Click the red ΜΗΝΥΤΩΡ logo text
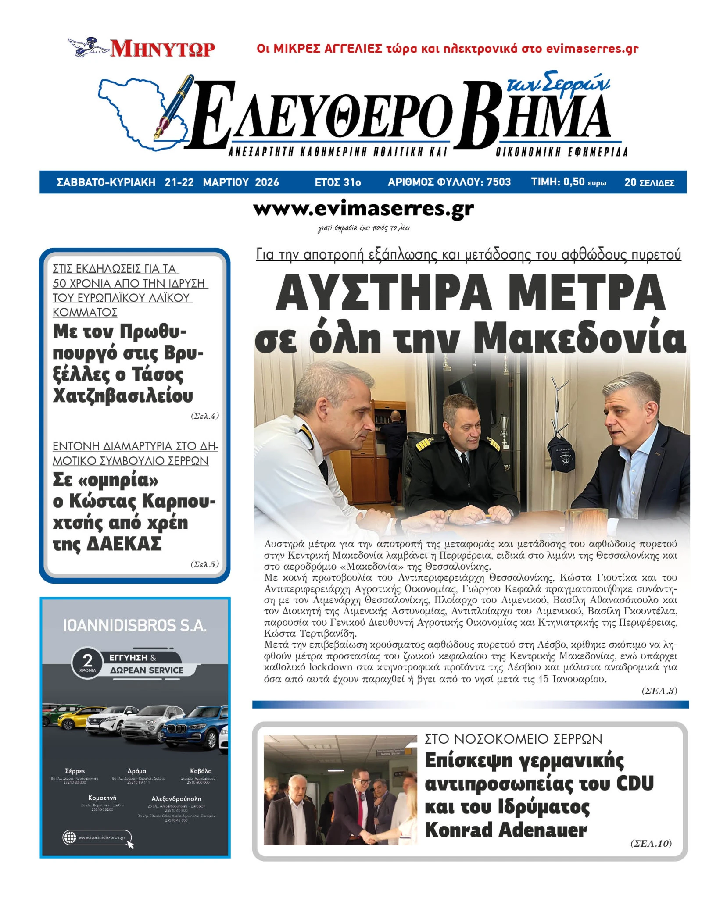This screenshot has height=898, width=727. pos(162,49)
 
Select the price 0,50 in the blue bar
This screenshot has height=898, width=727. pos(573,182)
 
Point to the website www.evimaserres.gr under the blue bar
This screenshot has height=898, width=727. pos(363,209)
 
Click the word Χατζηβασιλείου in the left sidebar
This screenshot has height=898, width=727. pos(123,396)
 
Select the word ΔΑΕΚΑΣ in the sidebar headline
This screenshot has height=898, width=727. pos(124,544)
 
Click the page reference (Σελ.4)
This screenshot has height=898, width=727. pos(204,416)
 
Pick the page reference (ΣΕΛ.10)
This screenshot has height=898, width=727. pos(651,843)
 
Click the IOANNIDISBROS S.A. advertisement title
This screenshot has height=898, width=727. pos(135,626)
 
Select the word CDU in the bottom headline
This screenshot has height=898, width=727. pos(634,783)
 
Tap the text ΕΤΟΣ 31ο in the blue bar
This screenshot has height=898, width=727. pos(337,182)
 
